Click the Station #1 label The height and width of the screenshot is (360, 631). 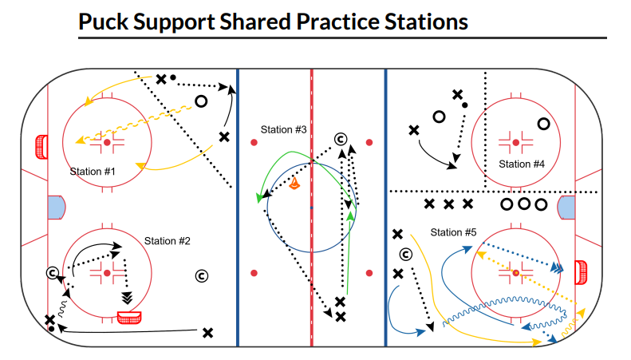(x=93, y=172)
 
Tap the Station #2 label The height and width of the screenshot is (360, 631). (x=167, y=239)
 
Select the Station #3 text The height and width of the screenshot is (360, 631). (x=283, y=129)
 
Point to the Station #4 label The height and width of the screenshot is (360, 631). (x=522, y=164)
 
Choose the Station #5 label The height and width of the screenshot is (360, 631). (x=453, y=232)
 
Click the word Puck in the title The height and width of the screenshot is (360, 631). (x=103, y=22)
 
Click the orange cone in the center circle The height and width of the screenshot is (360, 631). (x=294, y=184)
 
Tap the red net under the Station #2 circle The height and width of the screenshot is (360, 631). (x=130, y=317)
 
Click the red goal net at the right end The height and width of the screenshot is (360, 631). (x=581, y=272)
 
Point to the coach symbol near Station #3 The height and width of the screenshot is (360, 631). (x=341, y=139)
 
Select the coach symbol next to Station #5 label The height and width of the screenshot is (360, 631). (x=405, y=255)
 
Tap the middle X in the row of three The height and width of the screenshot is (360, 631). (x=448, y=204)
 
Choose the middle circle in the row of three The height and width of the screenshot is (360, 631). (x=523, y=204)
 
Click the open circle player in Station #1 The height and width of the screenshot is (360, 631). (x=201, y=101)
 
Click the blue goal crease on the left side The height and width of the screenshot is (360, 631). (x=55, y=207)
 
